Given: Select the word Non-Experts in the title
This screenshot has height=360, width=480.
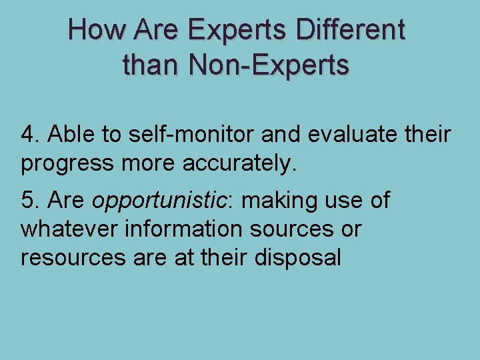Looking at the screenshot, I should click(269, 65).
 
